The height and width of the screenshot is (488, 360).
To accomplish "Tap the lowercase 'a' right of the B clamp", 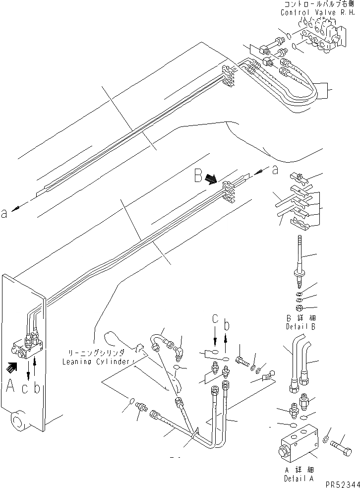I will pos(275,170).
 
